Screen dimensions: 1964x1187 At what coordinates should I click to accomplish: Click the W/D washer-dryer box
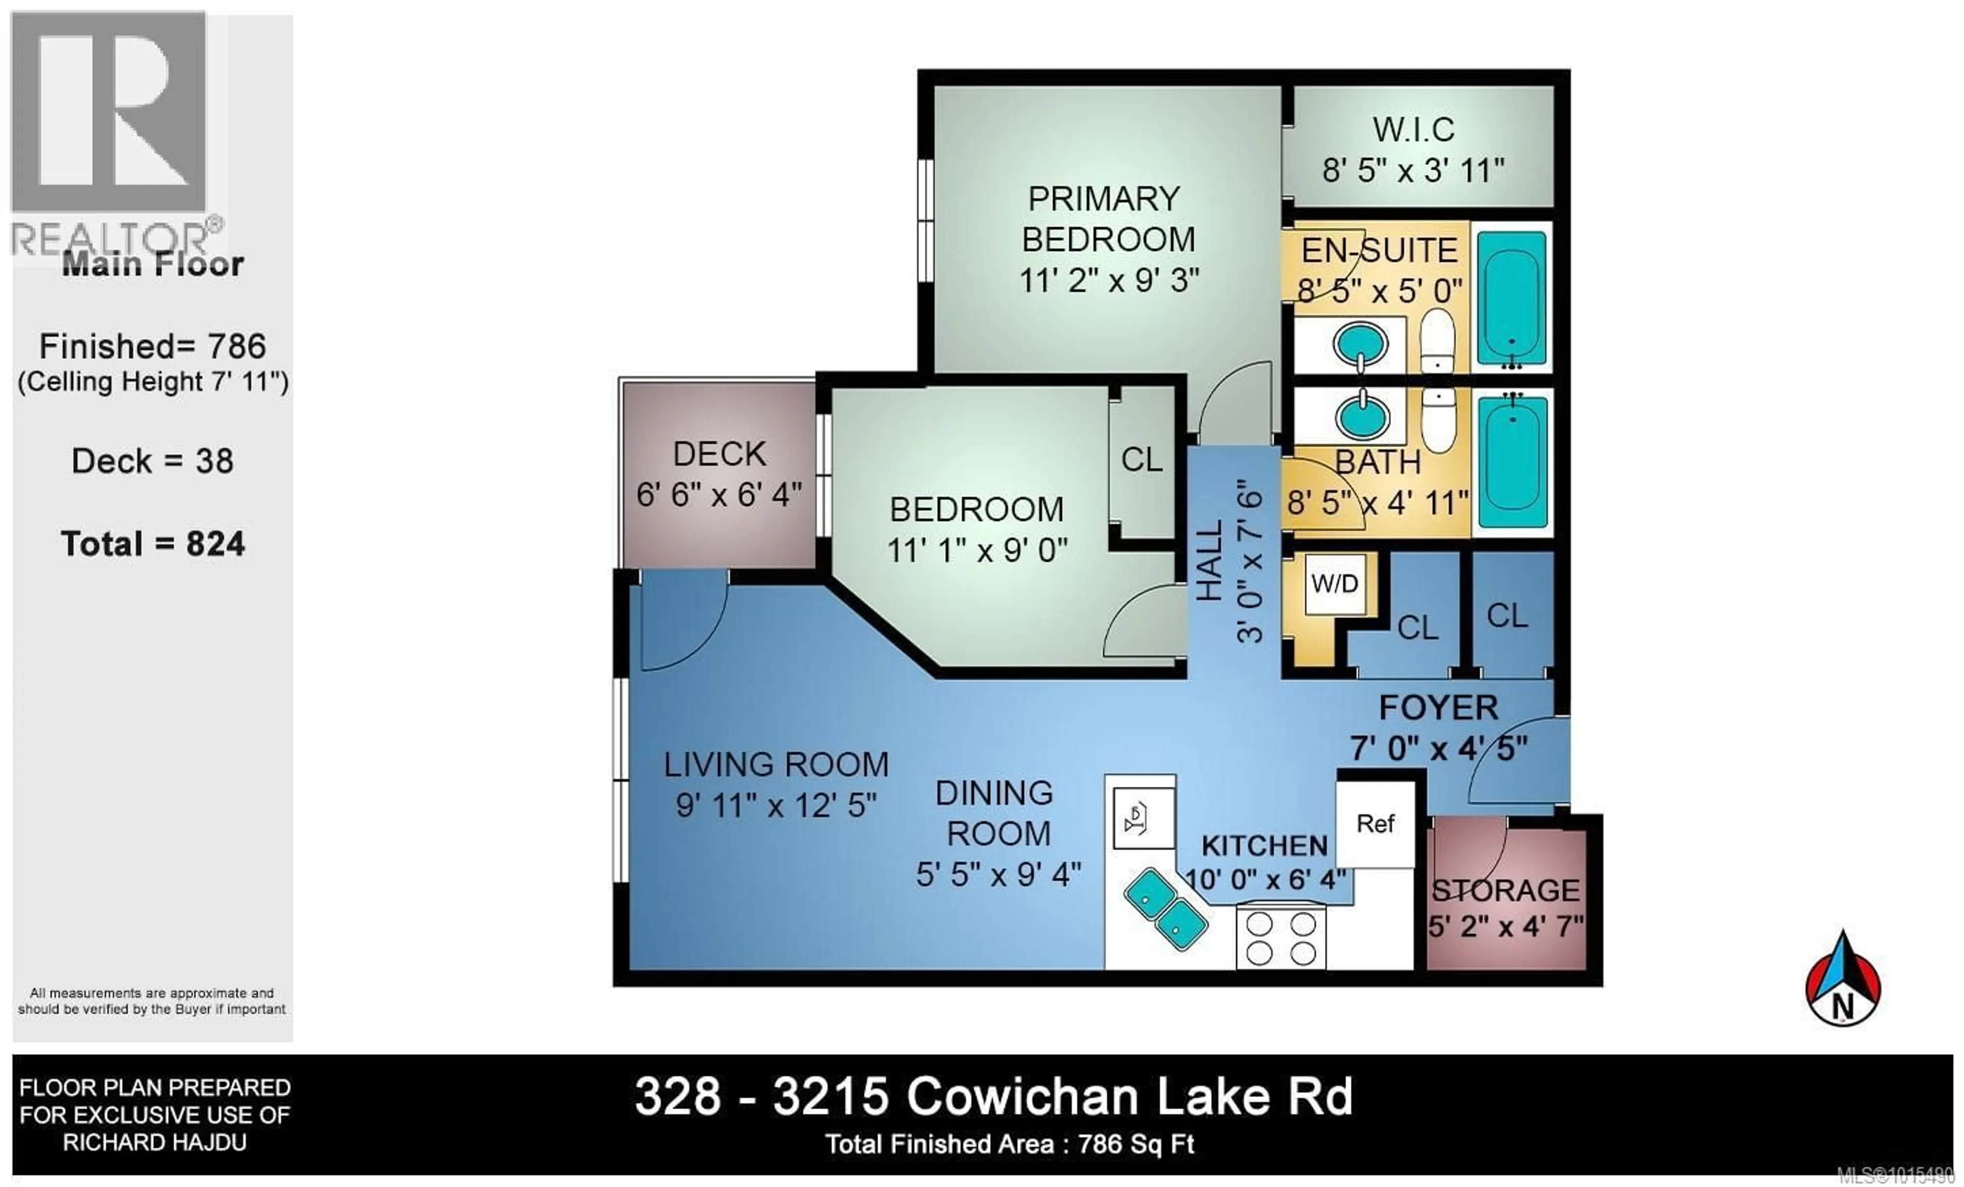click(1334, 584)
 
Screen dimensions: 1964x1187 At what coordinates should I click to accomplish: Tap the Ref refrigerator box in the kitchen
click(1376, 824)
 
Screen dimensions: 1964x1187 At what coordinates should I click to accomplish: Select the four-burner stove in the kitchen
click(1281, 937)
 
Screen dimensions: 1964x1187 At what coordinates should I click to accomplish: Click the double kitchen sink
click(1165, 908)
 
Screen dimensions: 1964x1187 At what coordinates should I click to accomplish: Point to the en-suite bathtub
click(1511, 297)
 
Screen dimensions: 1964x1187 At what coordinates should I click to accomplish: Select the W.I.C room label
click(1413, 130)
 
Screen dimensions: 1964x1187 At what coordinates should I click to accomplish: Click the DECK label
click(719, 454)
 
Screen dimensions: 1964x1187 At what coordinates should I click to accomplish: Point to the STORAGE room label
click(1505, 890)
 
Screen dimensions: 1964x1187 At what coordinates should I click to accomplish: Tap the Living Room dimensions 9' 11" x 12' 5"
click(775, 806)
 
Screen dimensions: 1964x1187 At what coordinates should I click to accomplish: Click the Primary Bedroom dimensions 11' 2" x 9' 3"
click(1109, 280)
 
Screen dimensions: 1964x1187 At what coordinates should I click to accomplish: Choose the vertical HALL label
click(1209, 560)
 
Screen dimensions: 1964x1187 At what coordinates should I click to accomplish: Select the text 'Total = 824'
click(153, 544)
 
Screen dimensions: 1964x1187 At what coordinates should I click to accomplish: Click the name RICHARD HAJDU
click(154, 1142)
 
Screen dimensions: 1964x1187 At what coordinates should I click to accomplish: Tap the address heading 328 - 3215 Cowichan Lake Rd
click(994, 1097)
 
